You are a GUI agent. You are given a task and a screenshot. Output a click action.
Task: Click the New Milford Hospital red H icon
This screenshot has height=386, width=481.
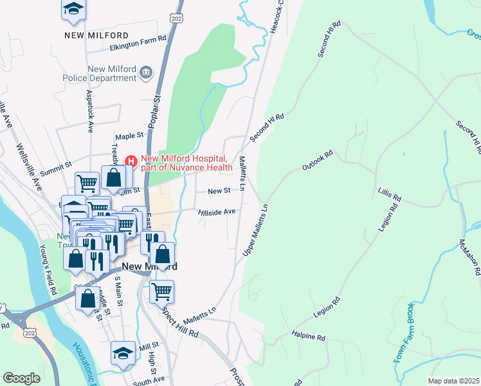pyautogui.click(x=131, y=160)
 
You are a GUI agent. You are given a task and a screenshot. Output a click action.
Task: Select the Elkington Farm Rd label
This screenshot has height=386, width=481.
pyautogui.click(x=138, y=39)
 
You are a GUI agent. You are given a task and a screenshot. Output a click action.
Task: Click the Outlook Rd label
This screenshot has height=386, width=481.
pyautogui.click(x=318, y=161)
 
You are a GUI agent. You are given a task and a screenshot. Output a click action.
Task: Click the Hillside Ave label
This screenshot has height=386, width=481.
pyautogui.click(x=217, y=211)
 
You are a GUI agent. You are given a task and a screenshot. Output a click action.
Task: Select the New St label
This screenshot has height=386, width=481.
pyautogui.click(x=219, y=191)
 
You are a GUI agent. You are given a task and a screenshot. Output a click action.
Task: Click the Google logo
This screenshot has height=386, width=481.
pyautogui.click(x=21, y=378)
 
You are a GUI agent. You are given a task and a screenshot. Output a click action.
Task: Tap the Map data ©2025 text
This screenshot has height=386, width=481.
pyautogui.click(x=453, y=381)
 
